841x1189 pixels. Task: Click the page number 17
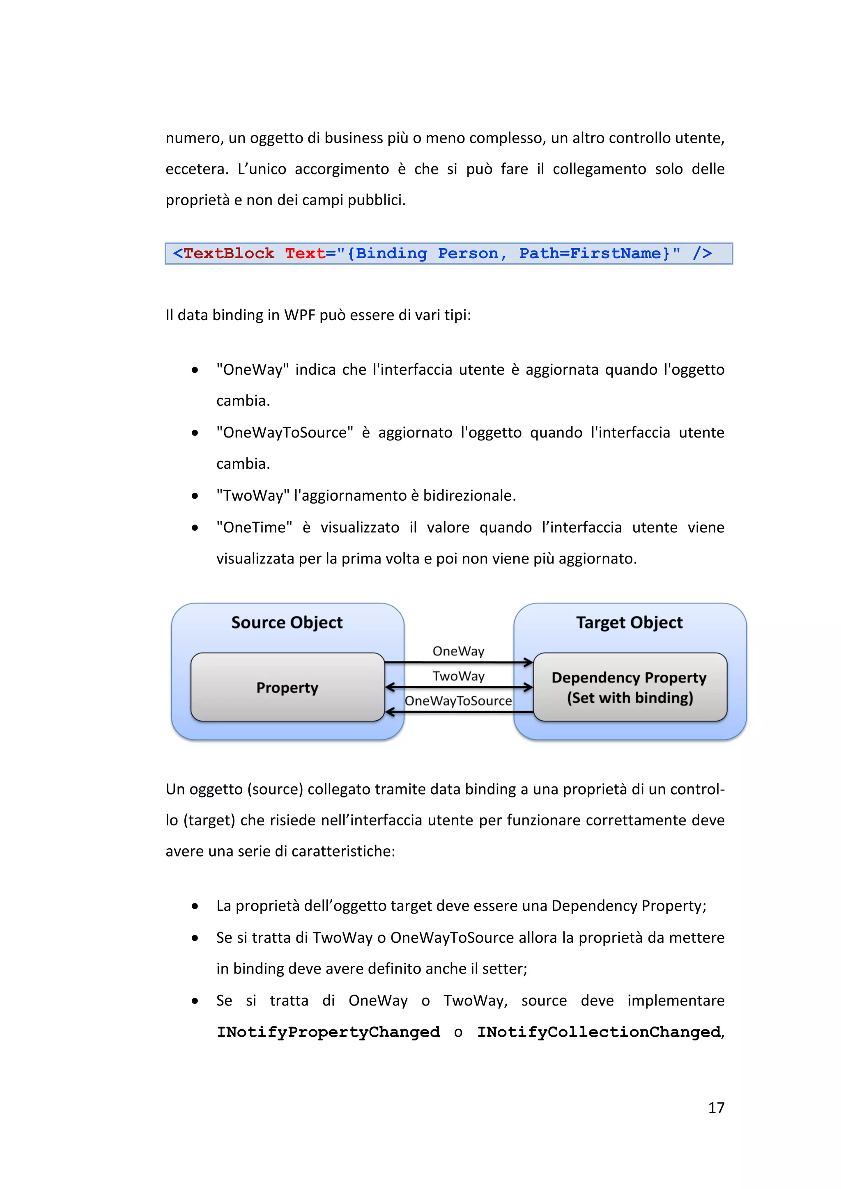coord(716,1107)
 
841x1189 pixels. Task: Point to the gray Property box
coord(287,687)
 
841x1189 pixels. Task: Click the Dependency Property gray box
coord(629,687)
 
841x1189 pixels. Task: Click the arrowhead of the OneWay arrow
coord(528,662)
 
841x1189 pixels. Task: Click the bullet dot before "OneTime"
coord(195,528)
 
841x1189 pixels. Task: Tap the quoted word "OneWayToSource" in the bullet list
coord(285,433)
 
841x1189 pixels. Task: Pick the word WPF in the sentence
coord(299,315)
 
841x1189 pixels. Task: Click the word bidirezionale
coord(469,496)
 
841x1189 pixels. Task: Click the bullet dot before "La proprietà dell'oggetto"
coord(195,906)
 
